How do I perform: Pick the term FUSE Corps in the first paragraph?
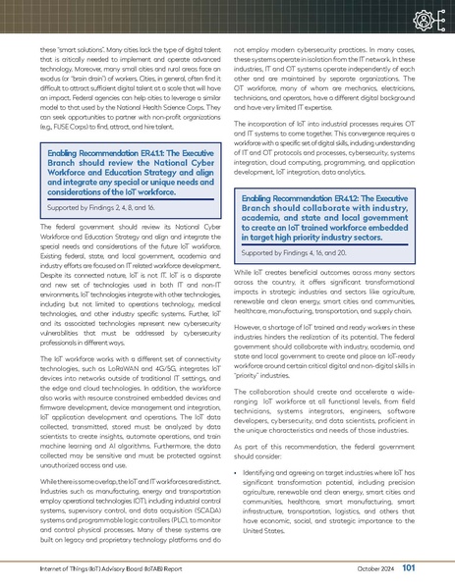point(72,130)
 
